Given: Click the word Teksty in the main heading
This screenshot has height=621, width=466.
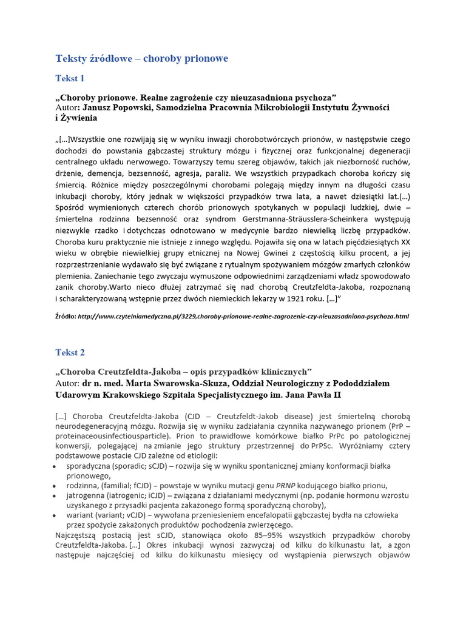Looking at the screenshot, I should click(70, 58).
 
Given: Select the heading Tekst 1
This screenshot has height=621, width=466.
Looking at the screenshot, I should click(70, 78).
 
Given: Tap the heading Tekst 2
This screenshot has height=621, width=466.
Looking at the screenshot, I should click(70, 352).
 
